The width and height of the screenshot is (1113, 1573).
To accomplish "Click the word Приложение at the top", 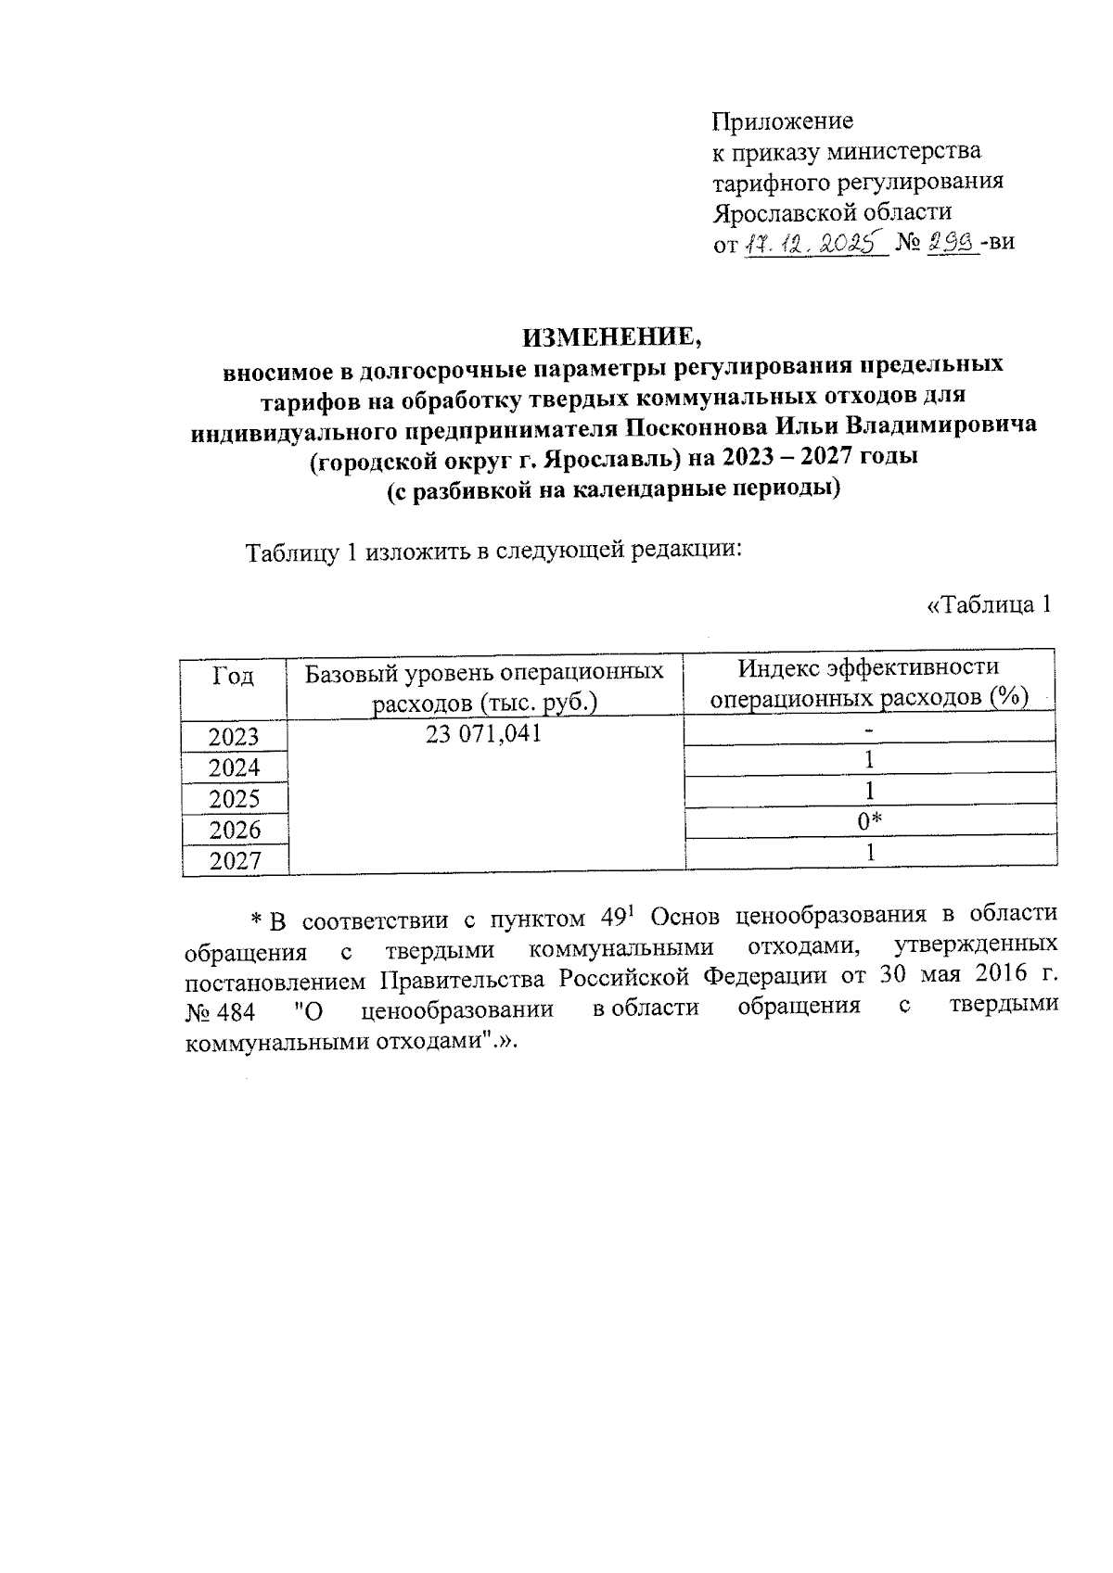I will (x=782, y=121).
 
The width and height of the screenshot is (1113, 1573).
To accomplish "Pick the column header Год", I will (x=234, y=676).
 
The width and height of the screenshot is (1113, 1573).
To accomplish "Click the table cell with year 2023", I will (x=234, y=737).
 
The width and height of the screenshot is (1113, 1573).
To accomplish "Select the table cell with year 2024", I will (x=234, y=767).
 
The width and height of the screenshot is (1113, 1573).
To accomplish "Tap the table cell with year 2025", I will (x=234, y=798).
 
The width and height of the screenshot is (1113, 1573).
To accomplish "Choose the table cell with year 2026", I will (x=234, y=829).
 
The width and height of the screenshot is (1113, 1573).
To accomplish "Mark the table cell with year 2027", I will (x=234, y=860).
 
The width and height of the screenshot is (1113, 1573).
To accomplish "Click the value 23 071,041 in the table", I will (x=484, y=734).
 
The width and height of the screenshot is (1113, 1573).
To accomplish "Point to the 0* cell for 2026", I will (x=869, y=820).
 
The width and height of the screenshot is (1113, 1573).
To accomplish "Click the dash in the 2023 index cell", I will (x=869, y=730).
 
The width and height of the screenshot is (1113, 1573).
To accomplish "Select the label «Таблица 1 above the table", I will (x=990, y=605).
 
